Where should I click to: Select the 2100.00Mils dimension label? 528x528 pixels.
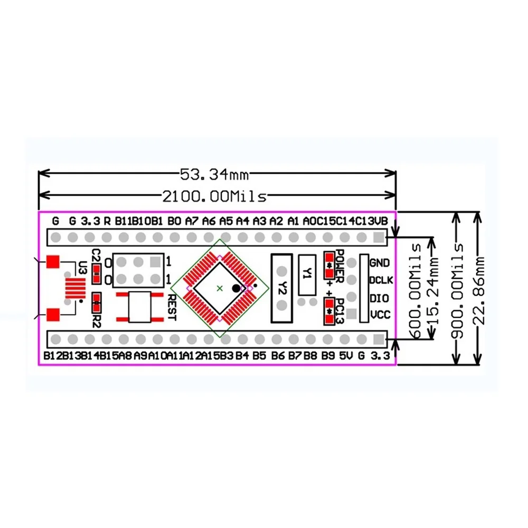(214, 196)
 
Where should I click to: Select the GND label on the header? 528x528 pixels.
(380, 262)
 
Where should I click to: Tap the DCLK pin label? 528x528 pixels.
(380, 280)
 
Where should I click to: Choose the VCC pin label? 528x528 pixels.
(380, 315)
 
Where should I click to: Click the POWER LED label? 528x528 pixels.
(340, 262)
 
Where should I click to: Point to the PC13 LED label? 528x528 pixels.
(340, 311)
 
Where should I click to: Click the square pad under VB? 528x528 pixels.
(378, 237)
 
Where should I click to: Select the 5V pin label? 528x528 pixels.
(345, 356)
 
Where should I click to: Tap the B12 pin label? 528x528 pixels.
(53, 356)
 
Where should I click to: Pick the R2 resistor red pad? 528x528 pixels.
(97, 303)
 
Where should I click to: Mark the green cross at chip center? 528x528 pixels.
(220, 288)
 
